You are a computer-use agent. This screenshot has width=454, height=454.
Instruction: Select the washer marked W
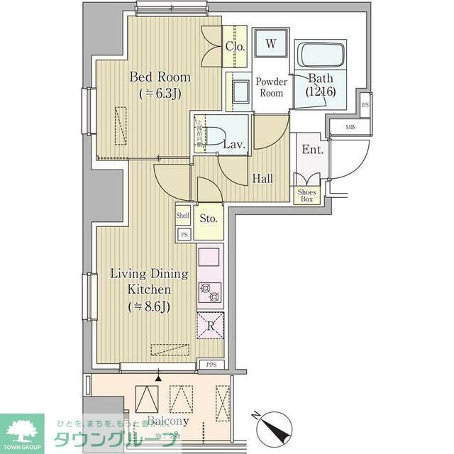point(270,44)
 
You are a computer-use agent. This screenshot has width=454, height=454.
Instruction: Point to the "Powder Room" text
point(270,87)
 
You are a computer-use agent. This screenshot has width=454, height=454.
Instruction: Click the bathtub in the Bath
point(321,55)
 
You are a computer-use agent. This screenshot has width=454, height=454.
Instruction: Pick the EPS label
point(365,106)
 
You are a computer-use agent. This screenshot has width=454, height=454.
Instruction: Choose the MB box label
point(350,128)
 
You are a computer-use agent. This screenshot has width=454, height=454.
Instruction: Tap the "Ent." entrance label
point(312,150)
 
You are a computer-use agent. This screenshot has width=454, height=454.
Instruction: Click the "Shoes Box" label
point(306,196)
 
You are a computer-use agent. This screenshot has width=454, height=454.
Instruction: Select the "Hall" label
point(262,179)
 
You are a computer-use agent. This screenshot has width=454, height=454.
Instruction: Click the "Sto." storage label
point(208,218)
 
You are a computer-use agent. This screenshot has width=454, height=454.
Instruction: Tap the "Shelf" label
point(183,213)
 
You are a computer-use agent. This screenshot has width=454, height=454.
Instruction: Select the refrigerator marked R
point(211,326)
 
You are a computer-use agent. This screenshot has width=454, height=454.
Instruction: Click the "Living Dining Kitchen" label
point(148,289)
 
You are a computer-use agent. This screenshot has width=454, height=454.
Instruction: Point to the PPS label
point(211,365)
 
